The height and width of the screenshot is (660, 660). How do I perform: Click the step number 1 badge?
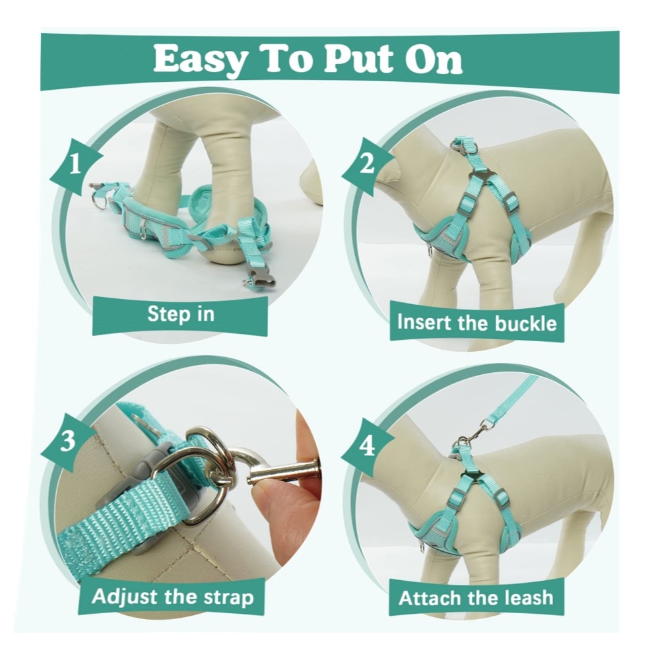click(75, 165)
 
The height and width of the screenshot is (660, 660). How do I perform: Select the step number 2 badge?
click(367, 164)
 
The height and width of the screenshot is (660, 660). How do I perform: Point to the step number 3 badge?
click(67, 442)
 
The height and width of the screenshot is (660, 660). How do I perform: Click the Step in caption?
click(181, 314)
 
